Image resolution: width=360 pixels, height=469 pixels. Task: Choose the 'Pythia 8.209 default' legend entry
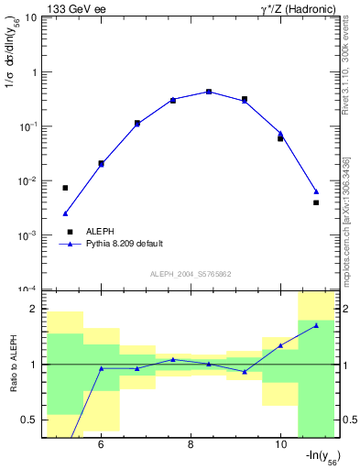point(124,244)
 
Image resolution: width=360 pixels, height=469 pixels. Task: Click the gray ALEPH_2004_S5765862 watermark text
point(191,275)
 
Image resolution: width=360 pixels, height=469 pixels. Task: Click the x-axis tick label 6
point(100,446)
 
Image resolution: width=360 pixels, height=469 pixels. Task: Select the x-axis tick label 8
point(191,446)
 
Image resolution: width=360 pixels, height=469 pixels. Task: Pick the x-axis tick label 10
point(280,446)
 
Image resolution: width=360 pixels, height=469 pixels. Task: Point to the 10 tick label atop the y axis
point(30,17)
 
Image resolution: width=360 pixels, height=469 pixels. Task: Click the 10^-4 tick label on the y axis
point(27,289)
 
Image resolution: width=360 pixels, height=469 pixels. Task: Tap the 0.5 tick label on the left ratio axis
point(29,420)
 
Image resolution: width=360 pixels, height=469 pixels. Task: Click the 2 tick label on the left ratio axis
point(34,309)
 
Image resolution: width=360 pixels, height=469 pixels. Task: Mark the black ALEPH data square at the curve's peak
point(209,92)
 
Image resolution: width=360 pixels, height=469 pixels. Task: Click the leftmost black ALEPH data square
point(65,188)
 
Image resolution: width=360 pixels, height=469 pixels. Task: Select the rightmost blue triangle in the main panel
point(316,191)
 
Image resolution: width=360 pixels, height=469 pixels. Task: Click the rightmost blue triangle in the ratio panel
point(316,325)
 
